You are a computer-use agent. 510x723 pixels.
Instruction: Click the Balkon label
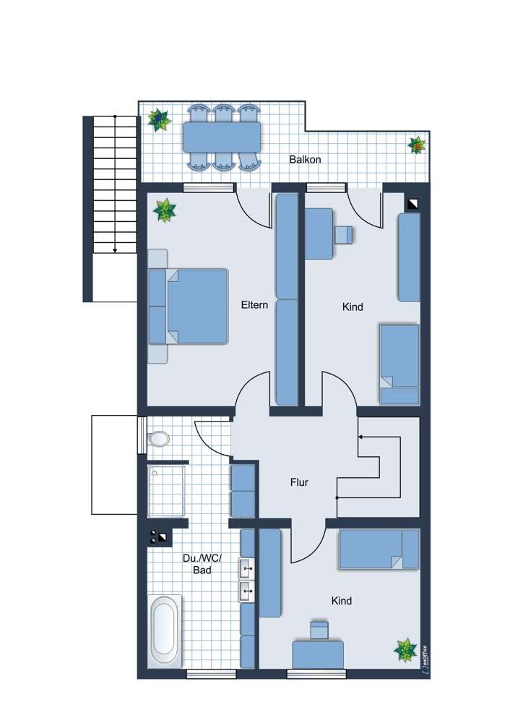tap(305, 160)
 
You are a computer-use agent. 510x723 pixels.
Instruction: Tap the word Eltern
tap(254, 305)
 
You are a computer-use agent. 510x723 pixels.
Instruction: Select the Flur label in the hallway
tap(299, 482)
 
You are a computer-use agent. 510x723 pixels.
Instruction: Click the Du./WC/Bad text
tap(202, 564)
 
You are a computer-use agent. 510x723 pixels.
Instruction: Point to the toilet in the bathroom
tap(157, 439)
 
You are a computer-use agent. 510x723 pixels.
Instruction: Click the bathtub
tap(164, 630)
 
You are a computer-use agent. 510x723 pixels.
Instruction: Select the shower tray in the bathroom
tap(166, 491)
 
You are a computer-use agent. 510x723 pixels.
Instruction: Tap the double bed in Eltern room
tap(189, 306)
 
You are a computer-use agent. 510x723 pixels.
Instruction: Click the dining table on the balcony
tap(222, 137)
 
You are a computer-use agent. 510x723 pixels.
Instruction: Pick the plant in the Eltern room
tap(165, 210)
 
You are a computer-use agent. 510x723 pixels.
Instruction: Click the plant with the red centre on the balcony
tap(417, 145)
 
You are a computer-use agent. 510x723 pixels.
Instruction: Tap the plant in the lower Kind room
tap(405, 650)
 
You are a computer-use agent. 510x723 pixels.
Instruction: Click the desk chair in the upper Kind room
tap(344, 235)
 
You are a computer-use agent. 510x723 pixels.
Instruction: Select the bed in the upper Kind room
tap(399, 364)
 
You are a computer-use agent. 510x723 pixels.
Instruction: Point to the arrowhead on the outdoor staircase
tap(115, 250)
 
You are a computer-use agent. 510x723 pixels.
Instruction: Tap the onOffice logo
tap(424, 661)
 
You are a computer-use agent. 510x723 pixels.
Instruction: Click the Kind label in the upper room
tap(353, 307)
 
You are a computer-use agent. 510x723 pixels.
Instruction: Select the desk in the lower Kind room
tap(318, 654)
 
